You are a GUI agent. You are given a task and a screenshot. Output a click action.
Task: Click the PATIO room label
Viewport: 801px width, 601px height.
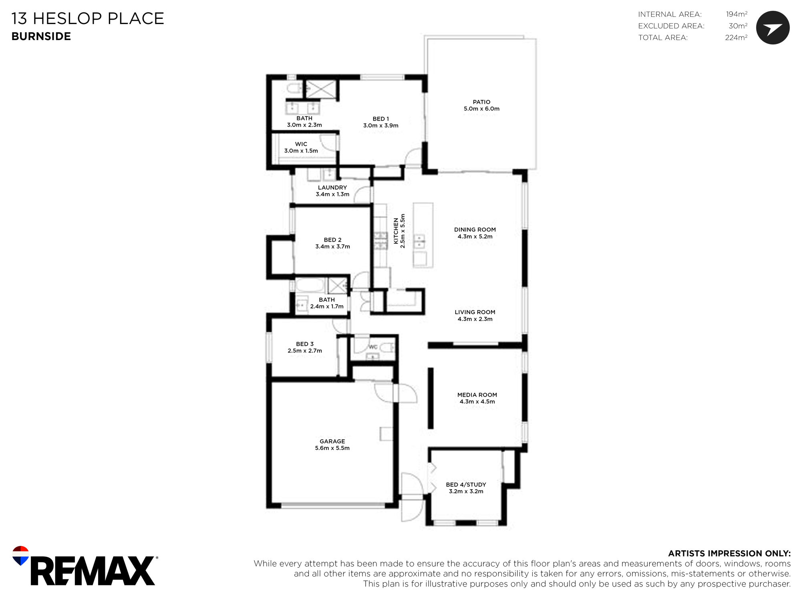click(481, 102)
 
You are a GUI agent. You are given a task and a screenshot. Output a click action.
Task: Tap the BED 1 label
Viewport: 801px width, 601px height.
click(381, 119)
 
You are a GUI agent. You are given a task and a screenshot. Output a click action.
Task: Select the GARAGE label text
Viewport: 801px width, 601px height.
click(332, 442)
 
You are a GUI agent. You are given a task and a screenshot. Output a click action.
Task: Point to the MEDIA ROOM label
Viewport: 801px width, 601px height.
click(477, 395)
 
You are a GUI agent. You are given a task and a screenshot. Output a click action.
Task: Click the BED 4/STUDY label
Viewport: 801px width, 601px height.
click(466, 485)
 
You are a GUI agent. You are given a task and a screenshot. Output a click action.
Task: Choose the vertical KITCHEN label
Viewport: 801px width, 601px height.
click(396, 231)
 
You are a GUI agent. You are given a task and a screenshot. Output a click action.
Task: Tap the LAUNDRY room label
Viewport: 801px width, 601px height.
click(332, 188)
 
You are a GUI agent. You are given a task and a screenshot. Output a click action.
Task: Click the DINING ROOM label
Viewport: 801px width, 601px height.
click(475, 230)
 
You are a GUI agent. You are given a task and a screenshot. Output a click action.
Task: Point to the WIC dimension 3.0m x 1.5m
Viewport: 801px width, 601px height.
click(301, 151)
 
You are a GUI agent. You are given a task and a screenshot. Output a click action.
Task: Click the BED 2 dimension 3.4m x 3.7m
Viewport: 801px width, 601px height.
click(332, 247)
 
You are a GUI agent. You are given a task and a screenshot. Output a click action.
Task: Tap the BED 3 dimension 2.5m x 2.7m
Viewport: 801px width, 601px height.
click(305, 351)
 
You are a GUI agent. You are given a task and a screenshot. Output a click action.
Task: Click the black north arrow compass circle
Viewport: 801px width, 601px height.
click(773, 28)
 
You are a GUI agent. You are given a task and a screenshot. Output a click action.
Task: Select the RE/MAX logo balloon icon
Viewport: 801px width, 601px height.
click(20, 555)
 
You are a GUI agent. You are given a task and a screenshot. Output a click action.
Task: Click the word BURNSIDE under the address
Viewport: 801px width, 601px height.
click(41, 36)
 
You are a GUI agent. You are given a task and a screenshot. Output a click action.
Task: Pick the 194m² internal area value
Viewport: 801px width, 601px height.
click(737, 14)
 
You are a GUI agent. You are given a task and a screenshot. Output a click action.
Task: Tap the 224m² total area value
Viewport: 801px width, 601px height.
click(736, 38)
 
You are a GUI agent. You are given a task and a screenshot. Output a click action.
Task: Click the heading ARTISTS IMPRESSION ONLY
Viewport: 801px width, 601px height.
click(729, 554)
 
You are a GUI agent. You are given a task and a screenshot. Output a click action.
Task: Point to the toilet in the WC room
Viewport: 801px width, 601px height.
click(387, 347)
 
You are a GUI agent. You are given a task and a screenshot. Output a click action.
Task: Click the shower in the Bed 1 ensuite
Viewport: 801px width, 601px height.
click(321, 89)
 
